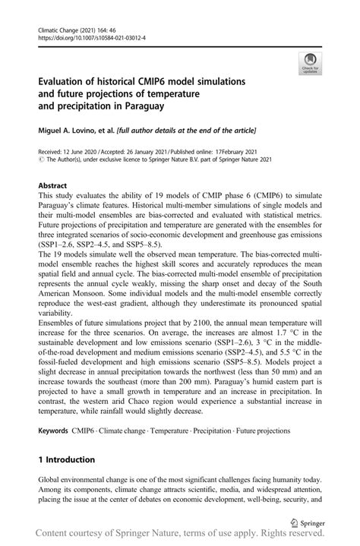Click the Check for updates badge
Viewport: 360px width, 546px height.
[x=311, y=64]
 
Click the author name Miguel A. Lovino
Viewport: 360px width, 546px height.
[x=65, y=131]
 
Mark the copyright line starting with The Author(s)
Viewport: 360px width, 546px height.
[x=152, y=160]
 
